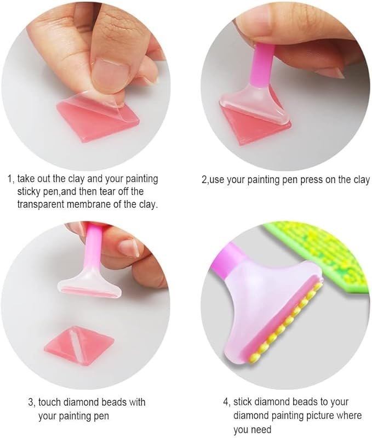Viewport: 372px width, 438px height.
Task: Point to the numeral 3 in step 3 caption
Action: [31, 403]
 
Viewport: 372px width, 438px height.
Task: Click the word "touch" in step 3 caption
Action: [49, 402]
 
